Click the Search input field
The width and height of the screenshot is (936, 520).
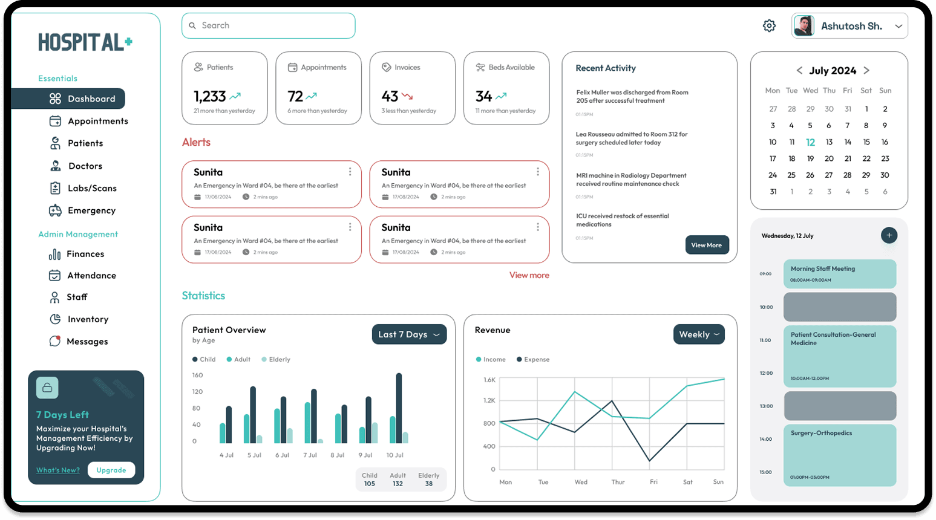point(268,26)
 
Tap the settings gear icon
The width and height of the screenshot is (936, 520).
point(769,26)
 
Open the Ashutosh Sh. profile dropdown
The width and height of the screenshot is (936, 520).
point(849,26)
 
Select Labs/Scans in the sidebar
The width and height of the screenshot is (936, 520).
point(91,188)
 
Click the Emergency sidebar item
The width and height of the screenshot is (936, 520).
point(91,210)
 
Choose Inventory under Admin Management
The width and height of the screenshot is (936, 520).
point(87,319)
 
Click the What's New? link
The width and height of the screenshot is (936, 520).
point(57,470)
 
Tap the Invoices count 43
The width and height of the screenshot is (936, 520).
point(390,96)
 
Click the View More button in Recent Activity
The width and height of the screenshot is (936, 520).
point(706,245)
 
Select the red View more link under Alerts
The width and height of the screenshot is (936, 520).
point(529,275)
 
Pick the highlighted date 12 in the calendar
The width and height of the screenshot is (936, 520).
point(810,142)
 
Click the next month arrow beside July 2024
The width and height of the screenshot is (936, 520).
point(866,71)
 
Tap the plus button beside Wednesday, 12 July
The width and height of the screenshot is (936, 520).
point(889,235)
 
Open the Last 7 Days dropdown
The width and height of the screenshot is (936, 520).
point(409,334)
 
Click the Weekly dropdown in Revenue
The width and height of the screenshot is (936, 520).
point(699,334)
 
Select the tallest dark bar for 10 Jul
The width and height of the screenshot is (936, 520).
point(399,408)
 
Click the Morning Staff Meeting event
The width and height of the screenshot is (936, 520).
point(839,274)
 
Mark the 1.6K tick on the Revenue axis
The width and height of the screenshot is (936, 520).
point(489,380)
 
